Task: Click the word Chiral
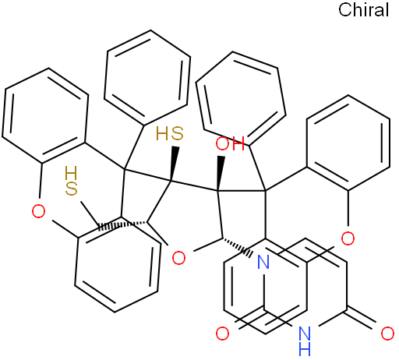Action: click(x=363, y=10)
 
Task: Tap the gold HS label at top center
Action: click(x=170, y=133)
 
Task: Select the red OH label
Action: click(x=230, y=143)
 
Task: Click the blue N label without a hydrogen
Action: click(x=263, y=262)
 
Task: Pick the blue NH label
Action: click(x=305, y=341)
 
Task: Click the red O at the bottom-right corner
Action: click(x=387, y=334)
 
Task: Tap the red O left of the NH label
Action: click(x=223, y=334)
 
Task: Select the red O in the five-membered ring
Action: click(x=179, y=258)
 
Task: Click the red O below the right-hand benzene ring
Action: click(x=348, y=238)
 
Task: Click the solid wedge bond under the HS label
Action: click(x=174, y=164)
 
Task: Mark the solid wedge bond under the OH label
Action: click(x=220, y=174)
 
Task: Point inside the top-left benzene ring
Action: click(x=44, y=115)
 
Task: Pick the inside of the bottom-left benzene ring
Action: click(x=118, y=264)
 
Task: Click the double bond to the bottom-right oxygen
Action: click(x=361, y=317)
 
